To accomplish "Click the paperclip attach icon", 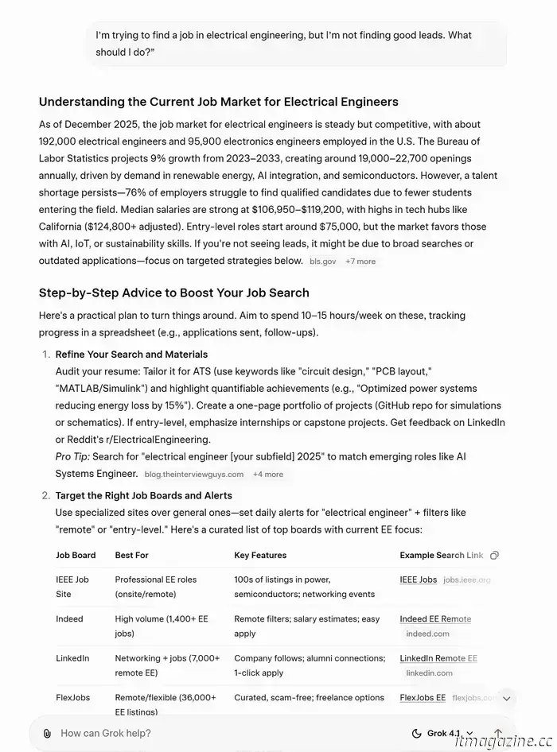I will pyautogui.click(x=48, y=733).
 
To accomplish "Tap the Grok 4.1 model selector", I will pyautogui.click(x=442, y=733).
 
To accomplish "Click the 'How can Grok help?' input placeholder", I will pyautogui.click(x=106, y=733).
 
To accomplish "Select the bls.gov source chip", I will pyautogui.click(x=322, y=261).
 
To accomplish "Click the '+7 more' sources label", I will pyautogui.click(x=360, y=261).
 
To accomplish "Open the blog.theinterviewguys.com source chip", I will pyautogui.click(x=193, y=474).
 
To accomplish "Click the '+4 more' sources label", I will pyautogui.click(x=268, y=474).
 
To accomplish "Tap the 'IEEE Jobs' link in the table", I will pyautogui.click(x=418, y=580).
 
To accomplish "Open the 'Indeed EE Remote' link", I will pyautogui.click(x=435, y=618).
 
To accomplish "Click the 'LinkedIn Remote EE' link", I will pyautogui.click(x=438, y=658).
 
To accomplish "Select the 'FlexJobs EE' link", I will pyautogui.click(x=423, y=697).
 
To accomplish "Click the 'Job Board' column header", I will pyautogui.click(x=76, y=555).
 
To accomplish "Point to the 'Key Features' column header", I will pyautogui.click(x=260, y=555).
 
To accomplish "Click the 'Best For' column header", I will pyautogui.click(x=131, y=555).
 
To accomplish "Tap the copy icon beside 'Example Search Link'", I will pyautogui.click(x=495, y=555).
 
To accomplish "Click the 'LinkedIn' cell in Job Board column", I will pyautogui.click(x=72, y=658).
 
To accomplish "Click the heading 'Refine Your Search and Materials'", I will pyautogui.click(x=131, y=354).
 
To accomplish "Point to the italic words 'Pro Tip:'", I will pyautogui.click(x=72, y=456).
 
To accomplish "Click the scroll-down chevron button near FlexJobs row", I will pyautogui.click(x=506, y=699).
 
